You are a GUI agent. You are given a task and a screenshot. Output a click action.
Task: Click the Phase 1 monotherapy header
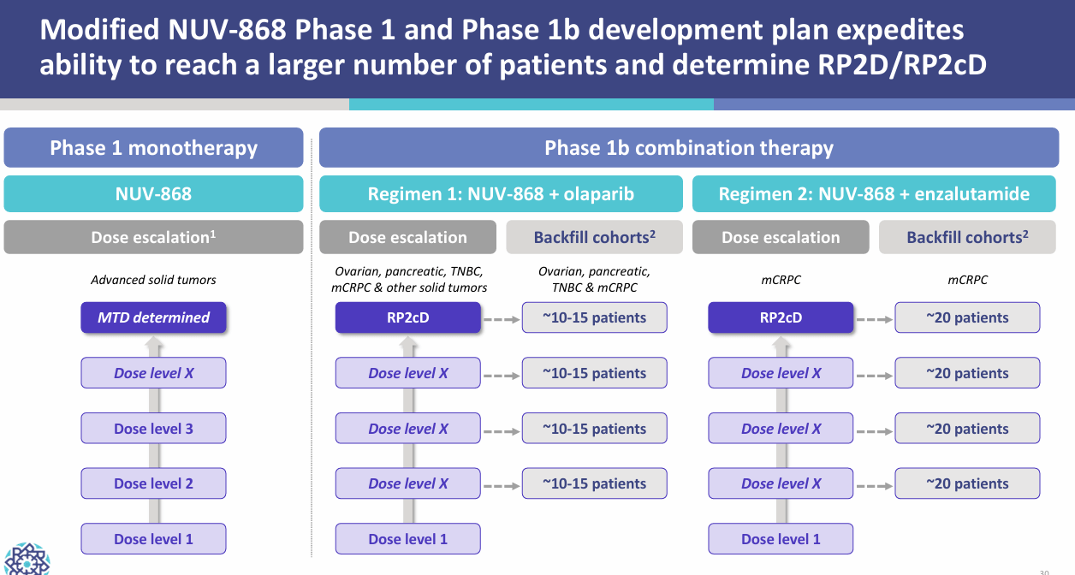[153, 147]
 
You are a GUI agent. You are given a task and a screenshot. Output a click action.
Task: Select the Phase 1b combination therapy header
[689, 147]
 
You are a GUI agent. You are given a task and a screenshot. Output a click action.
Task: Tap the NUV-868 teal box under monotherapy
[153, 193]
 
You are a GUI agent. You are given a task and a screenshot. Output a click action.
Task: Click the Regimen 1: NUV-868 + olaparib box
[501, 193]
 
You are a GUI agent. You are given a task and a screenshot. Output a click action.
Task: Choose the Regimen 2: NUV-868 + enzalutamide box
[874, 193]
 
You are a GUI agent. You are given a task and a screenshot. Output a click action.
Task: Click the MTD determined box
[153, 317]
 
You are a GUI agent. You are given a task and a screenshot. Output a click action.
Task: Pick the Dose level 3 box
[153, 429]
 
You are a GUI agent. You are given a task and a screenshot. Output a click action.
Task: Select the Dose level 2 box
[153, 483]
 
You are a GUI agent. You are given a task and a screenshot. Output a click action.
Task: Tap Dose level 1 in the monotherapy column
[153, 539]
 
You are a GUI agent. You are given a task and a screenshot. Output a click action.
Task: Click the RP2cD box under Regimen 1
[407, 317]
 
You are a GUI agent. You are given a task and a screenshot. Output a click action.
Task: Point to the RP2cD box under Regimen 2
[781, 317]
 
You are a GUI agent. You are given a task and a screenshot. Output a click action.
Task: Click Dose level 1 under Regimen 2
[781, 539]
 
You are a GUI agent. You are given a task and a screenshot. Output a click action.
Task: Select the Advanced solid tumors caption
[153, 280]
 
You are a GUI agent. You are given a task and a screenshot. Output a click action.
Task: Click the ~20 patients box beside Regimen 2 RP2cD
[967, 317]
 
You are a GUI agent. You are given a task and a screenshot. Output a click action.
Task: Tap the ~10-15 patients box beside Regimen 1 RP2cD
[594, 317]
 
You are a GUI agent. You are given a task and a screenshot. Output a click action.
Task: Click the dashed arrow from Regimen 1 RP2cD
[502, 318]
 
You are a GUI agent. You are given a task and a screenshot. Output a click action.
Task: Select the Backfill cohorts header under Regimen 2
[967, 237]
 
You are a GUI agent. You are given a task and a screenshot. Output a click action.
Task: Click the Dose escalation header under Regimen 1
[407, 237]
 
